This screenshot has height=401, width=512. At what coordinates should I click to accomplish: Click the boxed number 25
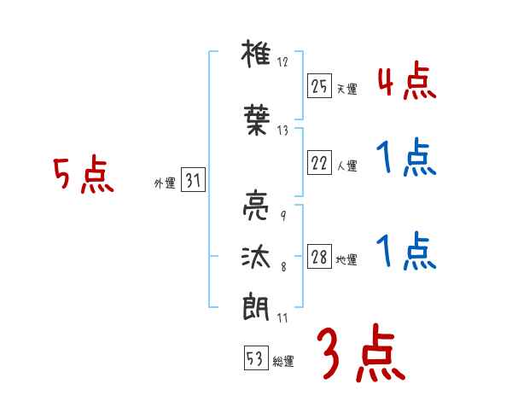click(319, 85)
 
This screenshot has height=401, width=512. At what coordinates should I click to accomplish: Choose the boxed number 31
click(193, 180)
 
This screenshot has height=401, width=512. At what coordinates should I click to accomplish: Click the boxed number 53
click(255, 358)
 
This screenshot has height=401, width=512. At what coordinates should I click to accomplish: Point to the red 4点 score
click(406, 83)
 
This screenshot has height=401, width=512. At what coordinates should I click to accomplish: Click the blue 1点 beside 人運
click(406, 160)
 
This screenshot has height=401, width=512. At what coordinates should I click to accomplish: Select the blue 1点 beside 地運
click(406, 253)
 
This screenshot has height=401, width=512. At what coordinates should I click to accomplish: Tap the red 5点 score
click(83, 177)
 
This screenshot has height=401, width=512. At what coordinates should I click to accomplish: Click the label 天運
click(346, 89)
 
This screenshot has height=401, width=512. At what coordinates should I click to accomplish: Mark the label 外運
click(164, 183)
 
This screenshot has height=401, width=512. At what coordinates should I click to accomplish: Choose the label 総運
click(283, 362)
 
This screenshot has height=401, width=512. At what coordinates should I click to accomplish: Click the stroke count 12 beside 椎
click(283, 61)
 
